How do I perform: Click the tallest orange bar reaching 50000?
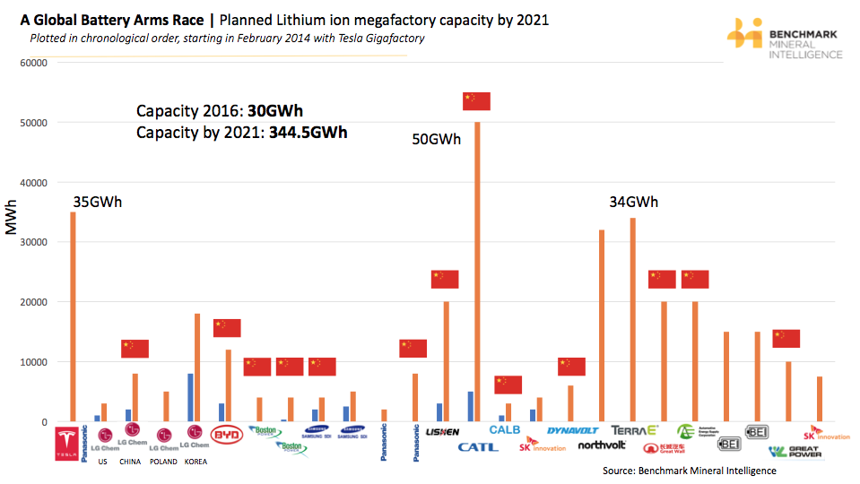(477, 269)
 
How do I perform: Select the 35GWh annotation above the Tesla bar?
(97, 202)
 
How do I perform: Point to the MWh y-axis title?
(12, 219)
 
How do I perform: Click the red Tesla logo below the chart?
(68, 445)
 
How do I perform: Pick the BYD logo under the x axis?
(226, 436)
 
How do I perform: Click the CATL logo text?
(477, 446)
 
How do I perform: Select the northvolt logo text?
(602, 445)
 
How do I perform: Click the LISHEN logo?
(443, 432)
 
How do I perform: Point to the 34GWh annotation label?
(633, 202)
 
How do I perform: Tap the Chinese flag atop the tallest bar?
(476, 101)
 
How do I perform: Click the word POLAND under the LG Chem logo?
(163, 462)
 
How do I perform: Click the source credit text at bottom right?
(689, 471)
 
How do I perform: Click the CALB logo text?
(504, 430)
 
